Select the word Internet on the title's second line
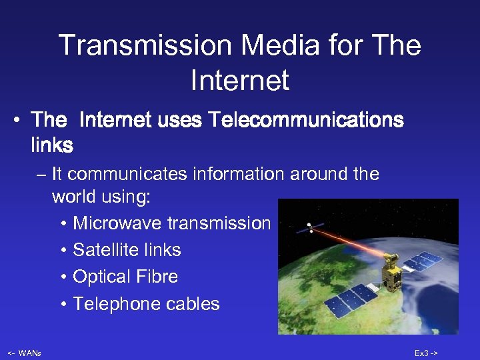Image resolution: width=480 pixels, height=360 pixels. tap(239, 81)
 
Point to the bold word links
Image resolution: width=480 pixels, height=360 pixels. tap(52, 144)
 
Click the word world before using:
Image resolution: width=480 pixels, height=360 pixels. tap(74, 198)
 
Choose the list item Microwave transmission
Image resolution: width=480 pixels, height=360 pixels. tap(171, 223)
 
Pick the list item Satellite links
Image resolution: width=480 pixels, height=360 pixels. tap(127, 250)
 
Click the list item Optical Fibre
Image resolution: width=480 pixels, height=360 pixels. tap(125, 277)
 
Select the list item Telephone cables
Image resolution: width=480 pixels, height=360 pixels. tap(146, 304)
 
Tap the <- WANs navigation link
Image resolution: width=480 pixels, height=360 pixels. tap(24, 353)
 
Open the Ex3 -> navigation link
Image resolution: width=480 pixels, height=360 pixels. tap(426, 353)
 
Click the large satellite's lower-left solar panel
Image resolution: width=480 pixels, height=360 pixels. tap(353, 301)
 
